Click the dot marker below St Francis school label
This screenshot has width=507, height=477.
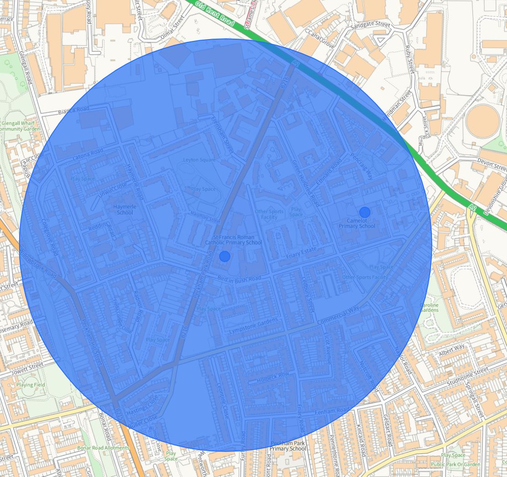(x=225, y=256)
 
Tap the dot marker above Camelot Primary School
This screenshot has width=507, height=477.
(x=365, y=212)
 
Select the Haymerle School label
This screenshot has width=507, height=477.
(x=125, y=209)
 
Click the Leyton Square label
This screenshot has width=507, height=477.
(x=199, y=160)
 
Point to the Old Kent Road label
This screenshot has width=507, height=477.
(x=214, y=13)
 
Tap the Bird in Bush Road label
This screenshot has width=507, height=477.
(x=239, y=278)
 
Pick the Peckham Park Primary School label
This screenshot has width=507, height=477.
(x=288, y=446)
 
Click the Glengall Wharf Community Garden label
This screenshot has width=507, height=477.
(x=20, y=126)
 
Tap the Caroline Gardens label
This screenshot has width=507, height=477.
(x=429, y=308)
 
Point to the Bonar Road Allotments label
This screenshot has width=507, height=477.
(x=103, y=448)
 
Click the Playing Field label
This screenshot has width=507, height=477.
(x=30, y=385)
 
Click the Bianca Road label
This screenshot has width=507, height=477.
(x=73, y=110)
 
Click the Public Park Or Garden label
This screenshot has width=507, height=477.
(x=455, y=465)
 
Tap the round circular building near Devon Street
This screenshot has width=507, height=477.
(x=483, y=121)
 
